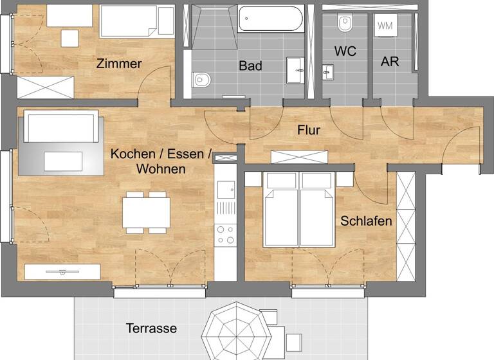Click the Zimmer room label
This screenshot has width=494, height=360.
119,64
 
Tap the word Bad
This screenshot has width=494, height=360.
250,66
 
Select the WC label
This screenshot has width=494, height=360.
345,51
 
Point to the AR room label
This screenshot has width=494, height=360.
390,62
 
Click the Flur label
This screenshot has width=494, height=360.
309,130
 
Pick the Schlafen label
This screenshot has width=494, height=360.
367,221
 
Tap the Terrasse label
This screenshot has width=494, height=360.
151,328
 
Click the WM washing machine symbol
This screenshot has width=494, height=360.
385,26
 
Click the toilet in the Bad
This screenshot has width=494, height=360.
201,80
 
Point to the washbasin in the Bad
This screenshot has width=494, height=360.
295,68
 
